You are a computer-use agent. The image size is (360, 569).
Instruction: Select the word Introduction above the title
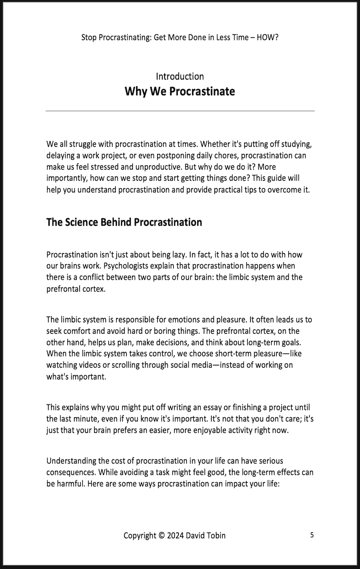pyautogui.click(x=180, y=77)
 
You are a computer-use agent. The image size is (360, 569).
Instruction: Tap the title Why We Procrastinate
pyautogui.click(x=180, y=91)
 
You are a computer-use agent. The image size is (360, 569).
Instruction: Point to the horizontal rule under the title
pyautogui.click(x=180, y=111)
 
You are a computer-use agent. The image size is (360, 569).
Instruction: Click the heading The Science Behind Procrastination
pyautogui.click(x=124, y=222)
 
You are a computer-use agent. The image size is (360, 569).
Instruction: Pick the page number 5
pyautogui.click(x=312, y=535)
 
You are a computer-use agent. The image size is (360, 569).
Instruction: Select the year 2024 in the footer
pyautogui.click(x=175, y=536)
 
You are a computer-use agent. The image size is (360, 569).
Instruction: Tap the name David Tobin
pyautogui.click(x=206, y=536)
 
